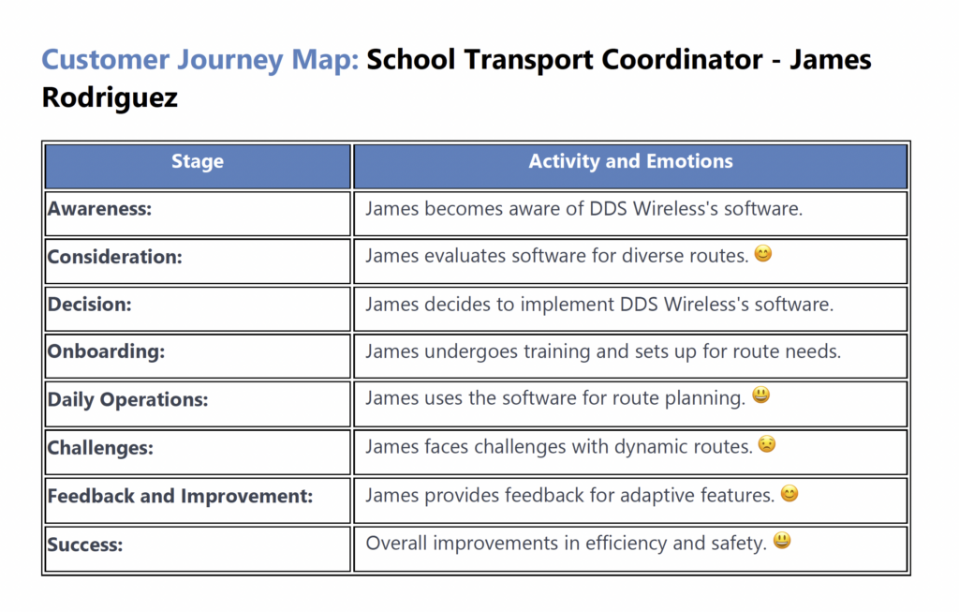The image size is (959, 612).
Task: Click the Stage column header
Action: click(x=198, y=161)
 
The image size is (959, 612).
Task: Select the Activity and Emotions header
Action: click(x=630, y=161)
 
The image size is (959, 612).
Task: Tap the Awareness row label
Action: click(x=99, y=209)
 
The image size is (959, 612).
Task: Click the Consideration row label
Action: click(x=115, y=257)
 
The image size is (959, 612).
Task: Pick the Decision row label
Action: click(x=89, y=305)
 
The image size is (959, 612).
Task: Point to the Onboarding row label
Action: click(x=107, y=351)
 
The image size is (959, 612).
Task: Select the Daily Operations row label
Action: click(x=127, y=399)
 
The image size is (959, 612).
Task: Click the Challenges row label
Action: click(x=100, y=447)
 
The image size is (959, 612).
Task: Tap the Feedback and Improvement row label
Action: click(x=181, y=496)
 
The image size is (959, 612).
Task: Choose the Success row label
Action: click(x=85, y=545)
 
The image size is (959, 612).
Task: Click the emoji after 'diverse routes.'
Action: click(x=762, y=253)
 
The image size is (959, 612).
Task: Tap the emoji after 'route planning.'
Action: click(x=760, y=395)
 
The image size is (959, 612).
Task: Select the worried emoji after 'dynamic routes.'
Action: click(x=767, y=443)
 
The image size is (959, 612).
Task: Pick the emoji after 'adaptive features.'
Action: click(x=789, y=493)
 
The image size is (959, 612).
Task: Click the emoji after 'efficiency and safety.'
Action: click(x=782, y=541)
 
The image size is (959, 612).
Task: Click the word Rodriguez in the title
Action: click(x=111, y=97)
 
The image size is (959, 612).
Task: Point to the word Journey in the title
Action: click(x=230, y=60)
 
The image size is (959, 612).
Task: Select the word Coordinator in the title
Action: click(x=682, y=59)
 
